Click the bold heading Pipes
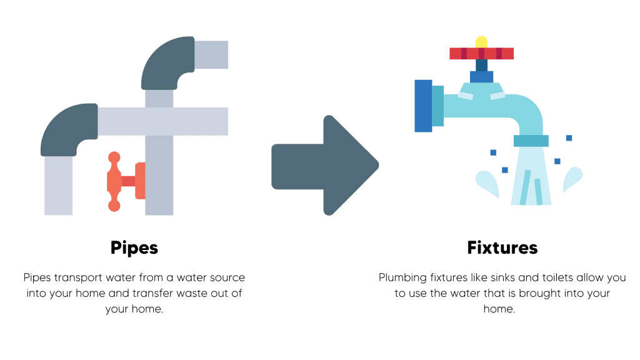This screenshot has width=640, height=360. [x=134, y=247]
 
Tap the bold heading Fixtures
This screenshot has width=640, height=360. [x=502, y=247]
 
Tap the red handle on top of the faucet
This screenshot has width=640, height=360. [x=481, y=54]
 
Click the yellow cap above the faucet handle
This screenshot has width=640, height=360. [x=481, y=42]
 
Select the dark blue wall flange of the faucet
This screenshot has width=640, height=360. [x=423, y=106]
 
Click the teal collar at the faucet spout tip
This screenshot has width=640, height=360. [x=531, y=141]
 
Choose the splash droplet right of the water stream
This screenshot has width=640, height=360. [x=573, y=180]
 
